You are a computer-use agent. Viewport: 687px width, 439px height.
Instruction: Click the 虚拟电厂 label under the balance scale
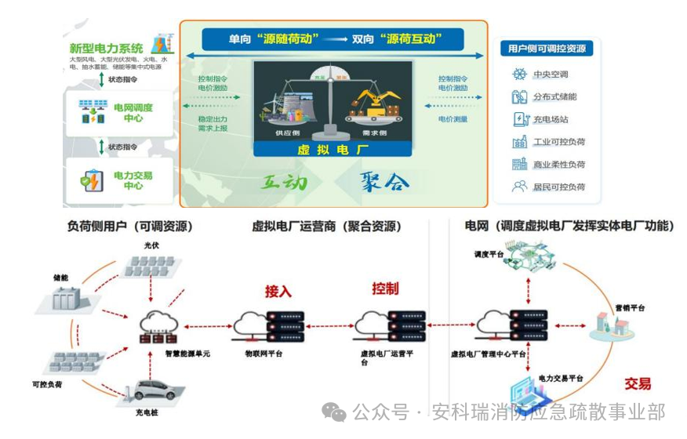tap(333, 150)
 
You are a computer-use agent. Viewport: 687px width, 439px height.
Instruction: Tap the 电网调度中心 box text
tap(133, 112)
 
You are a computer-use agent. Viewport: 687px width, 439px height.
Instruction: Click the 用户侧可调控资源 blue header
tap(547, 49)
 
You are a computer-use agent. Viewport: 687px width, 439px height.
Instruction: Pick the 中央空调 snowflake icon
tap(519, 74)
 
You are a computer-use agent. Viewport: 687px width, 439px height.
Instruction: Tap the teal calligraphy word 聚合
tap(384, 183)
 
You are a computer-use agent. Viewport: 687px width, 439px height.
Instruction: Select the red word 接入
tap(278, 292)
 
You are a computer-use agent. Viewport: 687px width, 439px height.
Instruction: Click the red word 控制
tap(385, 288)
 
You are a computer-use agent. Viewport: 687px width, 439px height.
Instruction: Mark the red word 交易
tap(638, 384)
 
